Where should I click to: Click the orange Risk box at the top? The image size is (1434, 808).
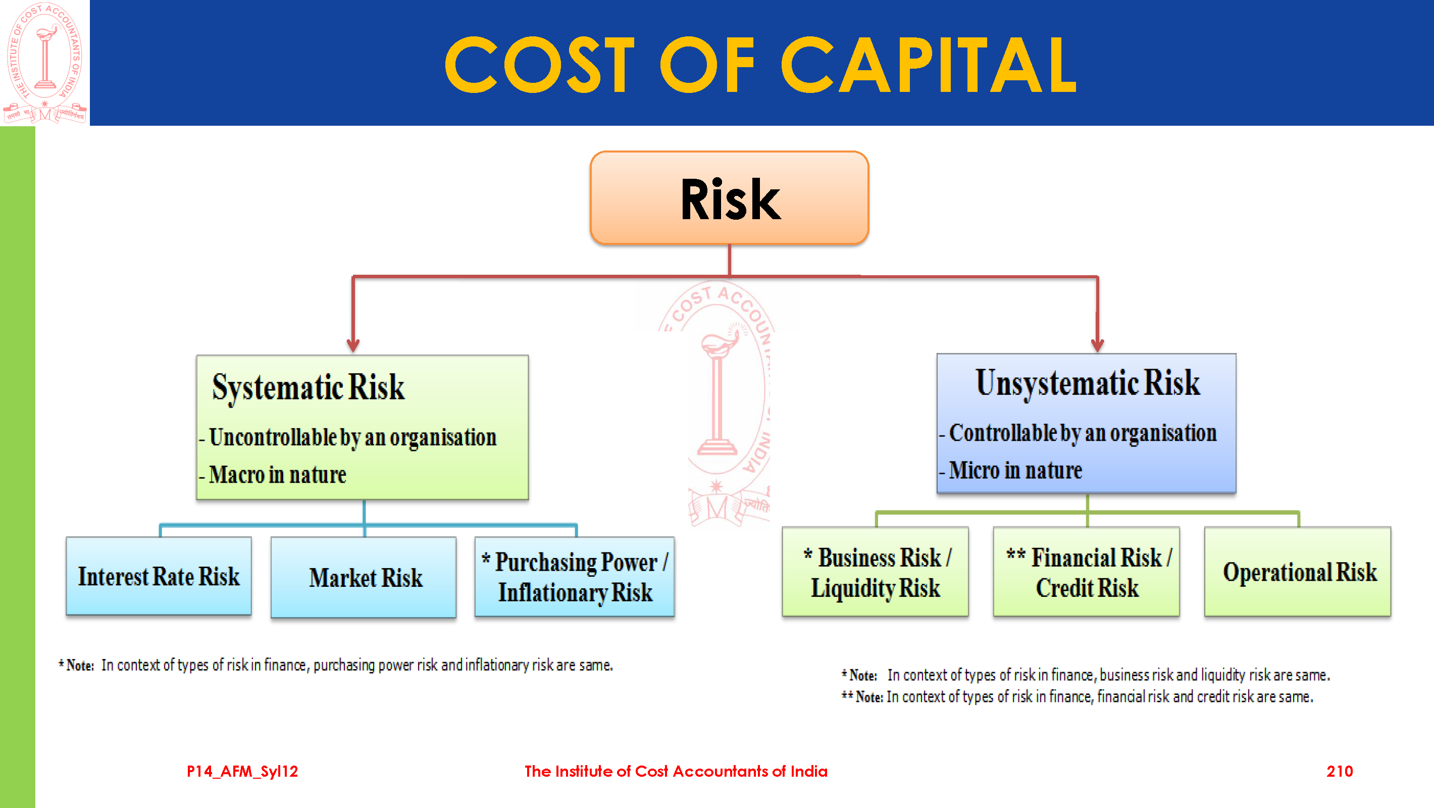coord(729,197)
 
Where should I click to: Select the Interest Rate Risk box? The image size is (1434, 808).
coord(159,576)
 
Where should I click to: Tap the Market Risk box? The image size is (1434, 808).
coord(364,577)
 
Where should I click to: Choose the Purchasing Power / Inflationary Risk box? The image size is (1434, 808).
coord(575,577)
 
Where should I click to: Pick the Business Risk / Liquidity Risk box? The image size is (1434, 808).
coord(875,571)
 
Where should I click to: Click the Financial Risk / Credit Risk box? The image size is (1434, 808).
coord(1086,571)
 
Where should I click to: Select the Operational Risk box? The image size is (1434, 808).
coord(1298,571)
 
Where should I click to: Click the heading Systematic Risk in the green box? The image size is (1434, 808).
coord(308,387)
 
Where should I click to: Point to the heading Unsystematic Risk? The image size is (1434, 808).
coord(1088,383)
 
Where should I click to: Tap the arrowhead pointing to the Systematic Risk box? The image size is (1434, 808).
coord(353,345)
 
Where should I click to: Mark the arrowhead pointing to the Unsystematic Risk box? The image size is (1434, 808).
coord(1097,345)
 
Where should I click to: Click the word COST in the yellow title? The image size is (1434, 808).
coord(539,65)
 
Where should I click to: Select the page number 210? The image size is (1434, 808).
coord(1340,771)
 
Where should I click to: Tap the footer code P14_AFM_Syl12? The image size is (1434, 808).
coord(242,771)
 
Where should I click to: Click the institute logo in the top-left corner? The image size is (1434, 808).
coord(45,63)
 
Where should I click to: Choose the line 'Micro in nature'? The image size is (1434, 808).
coord(1011,471)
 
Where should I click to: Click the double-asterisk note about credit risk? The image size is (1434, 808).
coord(1077,696)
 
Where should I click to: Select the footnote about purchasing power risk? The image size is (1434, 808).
coord(336,665)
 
